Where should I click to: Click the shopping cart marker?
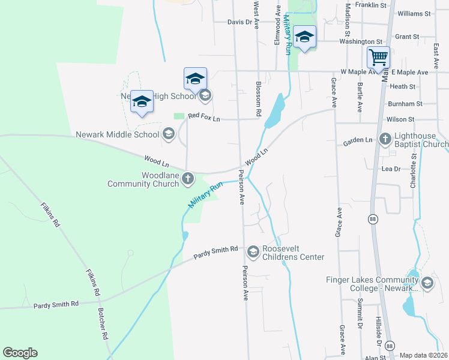pyautogui.click(x=379, y=58)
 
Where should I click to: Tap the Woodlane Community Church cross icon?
pyautogui.click(x=188, y=178)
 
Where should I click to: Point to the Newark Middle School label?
pyautogui.click(x=118, y=134)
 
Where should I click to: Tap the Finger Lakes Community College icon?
pyautogui.click(x=427, y=283)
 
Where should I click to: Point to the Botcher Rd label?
pyautogui.click(x=103, y=325)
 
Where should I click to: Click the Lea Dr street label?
pyautogui.click(x=391, y=169)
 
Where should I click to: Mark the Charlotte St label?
pyautogui.click(x=414, y=172)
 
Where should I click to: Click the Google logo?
pyautogui.click(x=20, y=353)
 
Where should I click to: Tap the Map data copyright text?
pyautogui.click(x=424, y=355)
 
